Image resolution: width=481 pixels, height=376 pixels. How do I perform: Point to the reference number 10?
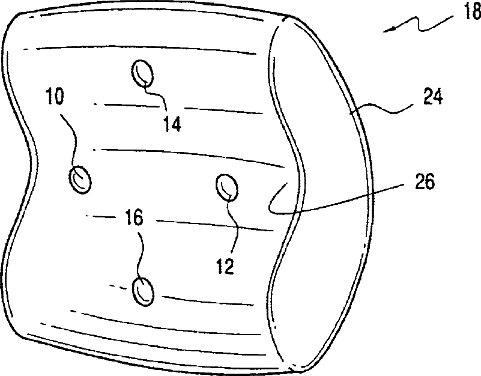pos(55,97)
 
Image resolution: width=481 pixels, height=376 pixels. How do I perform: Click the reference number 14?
pos(171,124)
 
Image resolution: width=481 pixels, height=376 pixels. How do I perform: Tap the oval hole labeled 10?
pos(79,180)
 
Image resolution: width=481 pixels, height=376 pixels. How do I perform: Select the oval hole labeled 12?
pos(226,186)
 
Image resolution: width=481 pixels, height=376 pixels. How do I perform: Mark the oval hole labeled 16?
pos(144,291)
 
